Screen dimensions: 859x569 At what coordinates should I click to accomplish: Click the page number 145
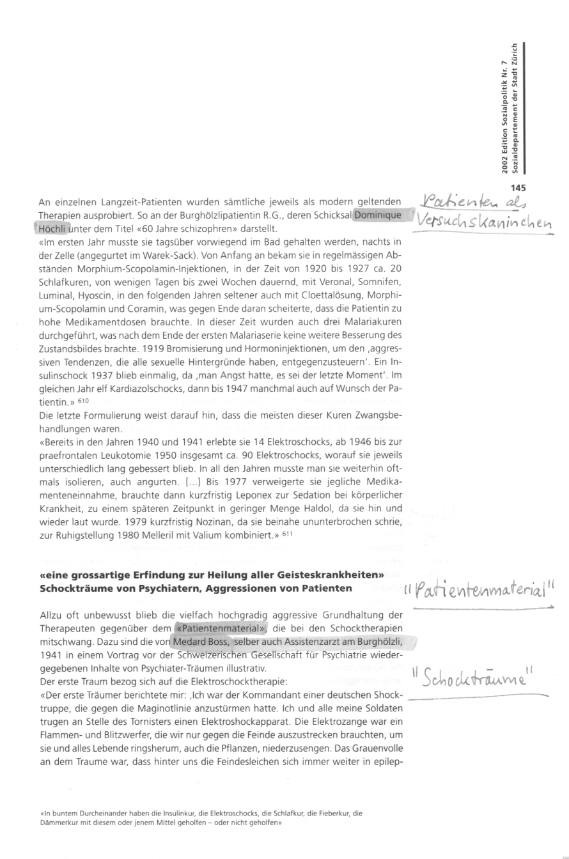point(517,187)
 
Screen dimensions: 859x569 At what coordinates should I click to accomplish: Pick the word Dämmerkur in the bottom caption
point(64,823)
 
